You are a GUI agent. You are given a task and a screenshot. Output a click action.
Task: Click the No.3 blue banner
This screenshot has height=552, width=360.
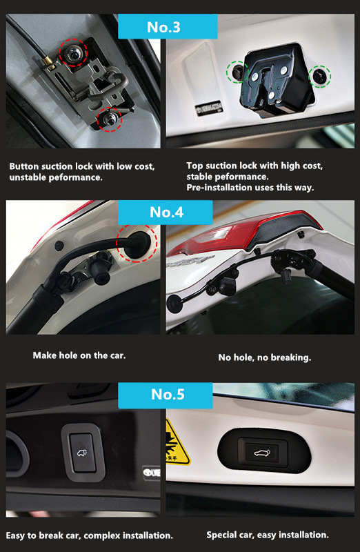[168, 26]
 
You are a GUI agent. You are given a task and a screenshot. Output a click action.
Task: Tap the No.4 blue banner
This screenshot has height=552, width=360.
[166, 213]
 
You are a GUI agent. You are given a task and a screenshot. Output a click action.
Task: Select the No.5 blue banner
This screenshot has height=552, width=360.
[166, 395]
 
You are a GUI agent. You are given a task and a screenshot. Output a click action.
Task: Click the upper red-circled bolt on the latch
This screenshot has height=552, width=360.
[73, 53]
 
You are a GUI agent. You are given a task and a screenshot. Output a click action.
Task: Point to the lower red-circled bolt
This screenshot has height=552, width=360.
[109, 119]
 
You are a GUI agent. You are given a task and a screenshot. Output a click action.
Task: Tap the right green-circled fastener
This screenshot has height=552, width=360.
[320, 77]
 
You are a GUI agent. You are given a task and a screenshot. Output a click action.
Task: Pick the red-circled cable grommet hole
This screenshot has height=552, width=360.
[138, 244]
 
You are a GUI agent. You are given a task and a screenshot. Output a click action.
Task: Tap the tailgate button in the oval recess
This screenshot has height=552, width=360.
[263, 452]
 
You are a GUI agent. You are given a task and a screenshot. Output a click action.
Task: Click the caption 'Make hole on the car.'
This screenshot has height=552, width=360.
[79, 355]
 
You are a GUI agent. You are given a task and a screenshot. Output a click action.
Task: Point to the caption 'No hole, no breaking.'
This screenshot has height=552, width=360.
[265, 357]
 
